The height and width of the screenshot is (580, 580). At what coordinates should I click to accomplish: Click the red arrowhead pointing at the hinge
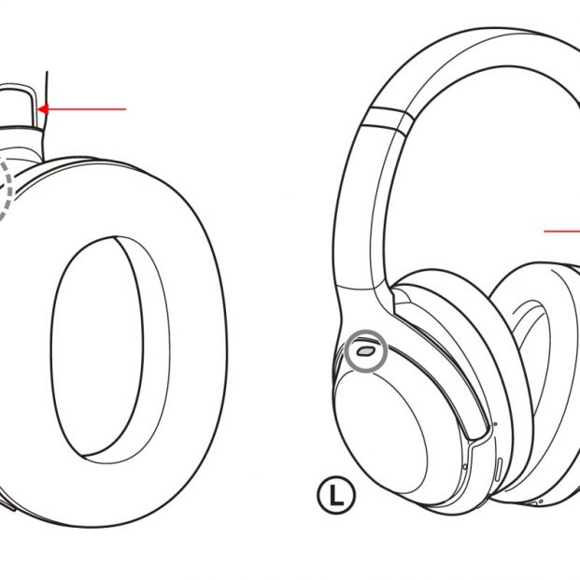pos(43,109)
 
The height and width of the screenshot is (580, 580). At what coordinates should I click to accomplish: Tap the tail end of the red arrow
pos(126,109)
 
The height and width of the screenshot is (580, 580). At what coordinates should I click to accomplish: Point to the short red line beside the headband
pos(561,232)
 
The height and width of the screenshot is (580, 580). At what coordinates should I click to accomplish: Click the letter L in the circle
pos(336,495)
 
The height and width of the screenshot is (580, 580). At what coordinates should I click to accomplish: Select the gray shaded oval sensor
pos(365,351)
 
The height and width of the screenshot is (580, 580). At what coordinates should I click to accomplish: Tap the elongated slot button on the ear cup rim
pos(498,470)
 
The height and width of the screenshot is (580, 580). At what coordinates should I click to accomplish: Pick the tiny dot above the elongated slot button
pos(496,424)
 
